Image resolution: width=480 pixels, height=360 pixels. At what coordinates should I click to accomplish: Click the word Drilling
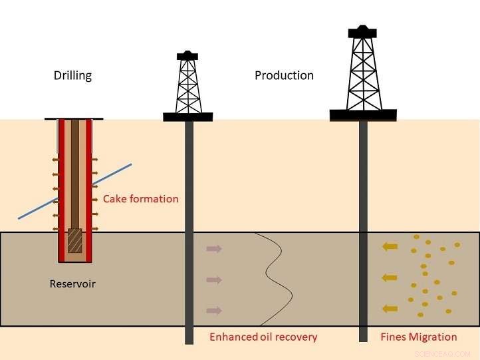(72, 76)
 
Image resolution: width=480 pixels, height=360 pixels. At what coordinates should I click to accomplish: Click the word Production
(284, 76)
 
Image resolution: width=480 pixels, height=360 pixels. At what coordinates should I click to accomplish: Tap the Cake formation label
(140, 199)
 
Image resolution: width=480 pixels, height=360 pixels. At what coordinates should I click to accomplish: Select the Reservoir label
(72, 284)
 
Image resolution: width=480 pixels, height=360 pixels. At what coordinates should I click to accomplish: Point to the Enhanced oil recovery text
(263, 337)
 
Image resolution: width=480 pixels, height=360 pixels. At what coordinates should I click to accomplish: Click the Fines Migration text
(418, 337)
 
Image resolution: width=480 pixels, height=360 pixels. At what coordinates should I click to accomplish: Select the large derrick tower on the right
(363, 70)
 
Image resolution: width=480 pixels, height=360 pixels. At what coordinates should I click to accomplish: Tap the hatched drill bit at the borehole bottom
(75, 241)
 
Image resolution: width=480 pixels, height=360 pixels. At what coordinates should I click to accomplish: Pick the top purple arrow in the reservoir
(214, 249)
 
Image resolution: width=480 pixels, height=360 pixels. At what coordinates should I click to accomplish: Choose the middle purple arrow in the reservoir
(214, 280)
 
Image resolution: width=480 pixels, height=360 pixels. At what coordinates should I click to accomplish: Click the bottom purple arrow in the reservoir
(214, 310)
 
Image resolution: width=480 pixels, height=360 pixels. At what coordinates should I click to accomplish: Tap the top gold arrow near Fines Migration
(390, 247)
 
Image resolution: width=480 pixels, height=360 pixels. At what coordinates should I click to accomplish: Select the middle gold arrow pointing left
(390, 277)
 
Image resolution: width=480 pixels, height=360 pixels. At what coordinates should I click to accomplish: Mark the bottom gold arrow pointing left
(390, 308)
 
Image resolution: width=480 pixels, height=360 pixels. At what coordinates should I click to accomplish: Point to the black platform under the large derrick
(363, 115)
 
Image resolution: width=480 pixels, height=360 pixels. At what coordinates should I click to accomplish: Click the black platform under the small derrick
(188, 117)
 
